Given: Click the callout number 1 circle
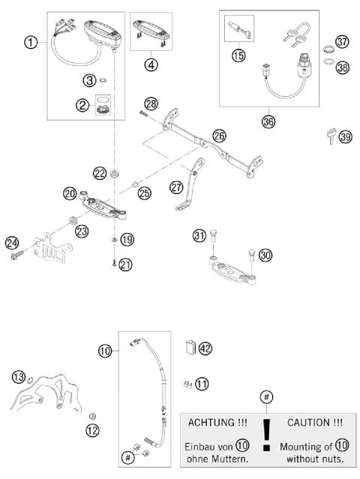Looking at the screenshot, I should pyautogui.click(x=30, y=43).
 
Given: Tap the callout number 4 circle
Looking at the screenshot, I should pyautogui.click(x=152, y=64).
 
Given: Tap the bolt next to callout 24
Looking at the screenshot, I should pyautogui.click(x=19, y=256).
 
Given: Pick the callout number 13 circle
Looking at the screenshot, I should pyautogui.click(x=18, y=376).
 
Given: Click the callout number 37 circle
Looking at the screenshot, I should pyautogui.click(x=342, y=40).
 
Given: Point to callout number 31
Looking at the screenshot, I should pyautogui.click(x=199, y=236).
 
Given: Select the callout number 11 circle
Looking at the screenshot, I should pyautogui.click(x=202, y=384).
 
